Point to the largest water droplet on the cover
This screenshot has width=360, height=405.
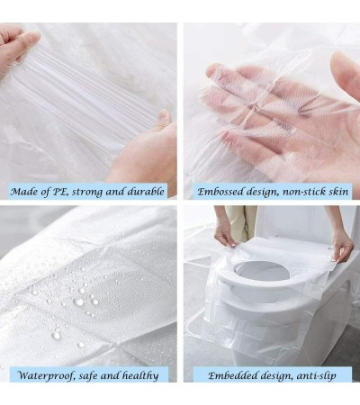(78, 301)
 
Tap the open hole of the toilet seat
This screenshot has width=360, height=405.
(262, 272)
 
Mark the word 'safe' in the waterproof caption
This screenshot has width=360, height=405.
(88, 375)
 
